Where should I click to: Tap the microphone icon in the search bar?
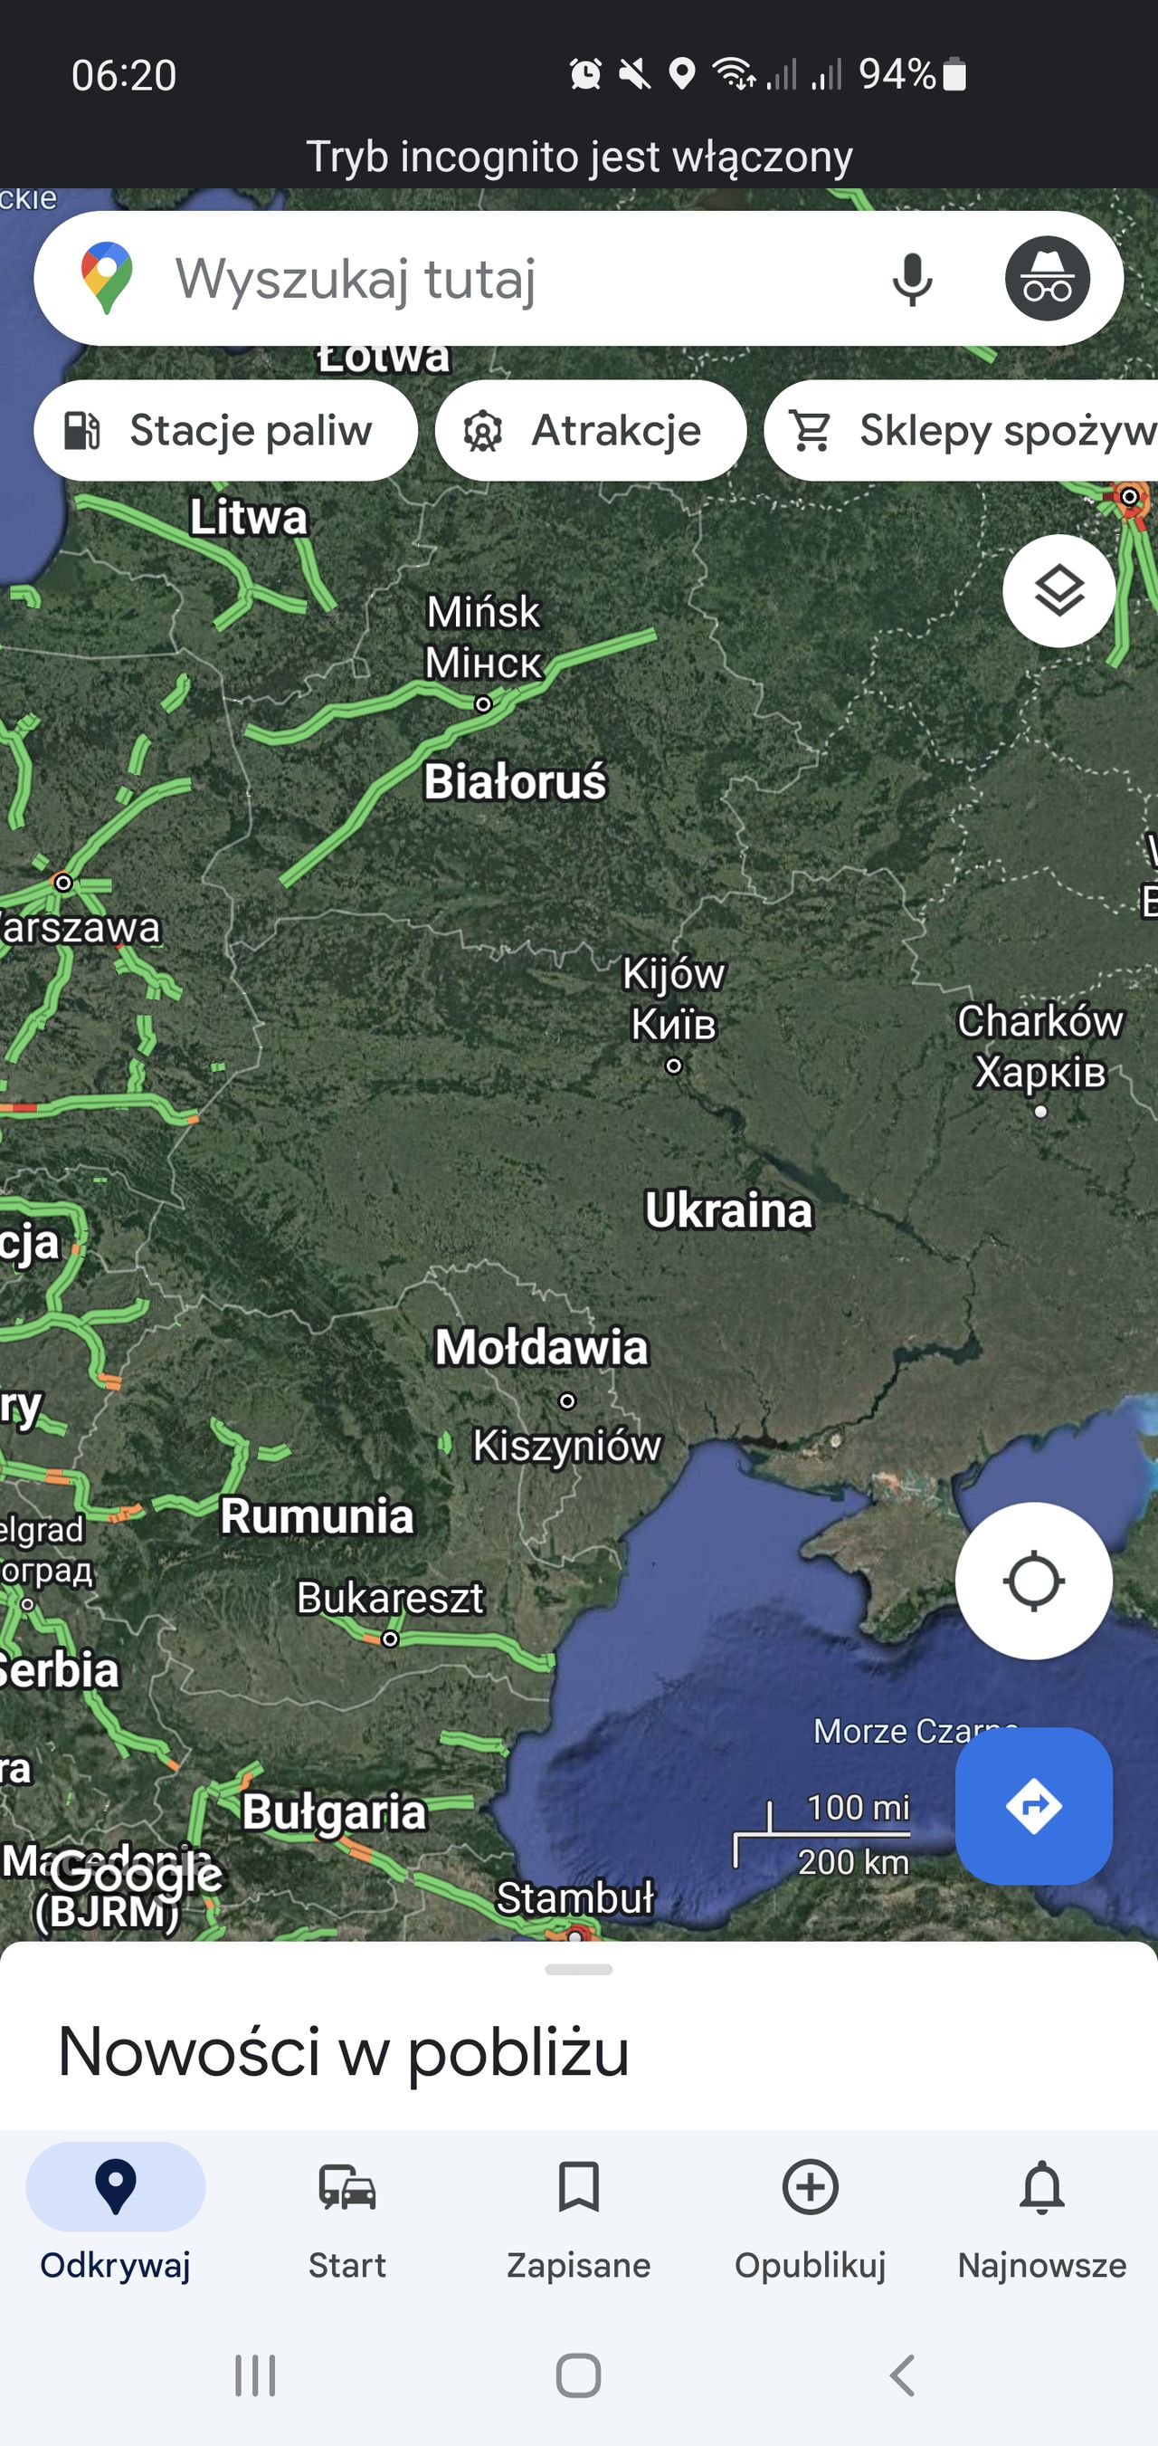pos(912,279)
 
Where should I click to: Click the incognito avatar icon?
pos(1047,278)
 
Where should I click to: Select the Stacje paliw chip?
pos(226,430)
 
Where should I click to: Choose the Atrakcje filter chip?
pos(591,430)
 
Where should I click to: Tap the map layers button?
pos(1058,590)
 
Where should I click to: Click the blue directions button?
pos(1033,1805)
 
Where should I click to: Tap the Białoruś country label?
pos(515,781)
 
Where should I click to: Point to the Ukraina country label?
pos(728,1209)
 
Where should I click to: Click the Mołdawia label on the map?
pos(541,1346)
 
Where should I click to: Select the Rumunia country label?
pos(317,1515)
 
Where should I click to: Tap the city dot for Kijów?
pos(674,1065)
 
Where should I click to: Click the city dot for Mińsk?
pos(483,703)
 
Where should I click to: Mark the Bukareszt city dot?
pos(390,1639)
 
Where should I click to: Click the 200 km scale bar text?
pos(852,1862)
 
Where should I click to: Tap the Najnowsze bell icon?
pos(1041,2187)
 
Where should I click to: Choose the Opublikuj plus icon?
pos(810,2187)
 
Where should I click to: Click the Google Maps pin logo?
pos(108,277)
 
